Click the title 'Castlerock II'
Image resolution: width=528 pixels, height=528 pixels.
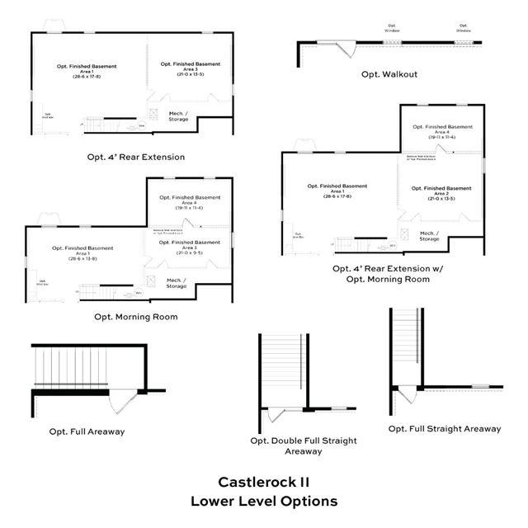tap(263, 482)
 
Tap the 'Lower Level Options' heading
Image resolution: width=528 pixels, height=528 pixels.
tap(263, 501)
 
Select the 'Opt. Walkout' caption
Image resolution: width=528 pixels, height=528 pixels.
tap(389, 74)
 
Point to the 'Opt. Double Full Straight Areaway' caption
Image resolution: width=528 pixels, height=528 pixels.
tap(304, 445)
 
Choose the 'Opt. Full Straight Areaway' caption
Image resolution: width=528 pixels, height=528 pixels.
tap(444, 428)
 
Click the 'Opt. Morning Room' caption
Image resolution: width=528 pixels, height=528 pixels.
tap(135, 317)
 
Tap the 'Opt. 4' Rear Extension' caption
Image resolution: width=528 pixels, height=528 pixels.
tap(136, 156)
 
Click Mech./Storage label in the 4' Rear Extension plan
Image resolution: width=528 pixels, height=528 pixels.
tap(178, 116)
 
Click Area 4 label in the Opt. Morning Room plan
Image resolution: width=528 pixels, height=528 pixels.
tap(190, 202)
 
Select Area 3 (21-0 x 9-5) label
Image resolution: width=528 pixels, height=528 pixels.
tap(190, 246)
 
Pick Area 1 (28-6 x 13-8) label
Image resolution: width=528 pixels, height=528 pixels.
tap(82, 252)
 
